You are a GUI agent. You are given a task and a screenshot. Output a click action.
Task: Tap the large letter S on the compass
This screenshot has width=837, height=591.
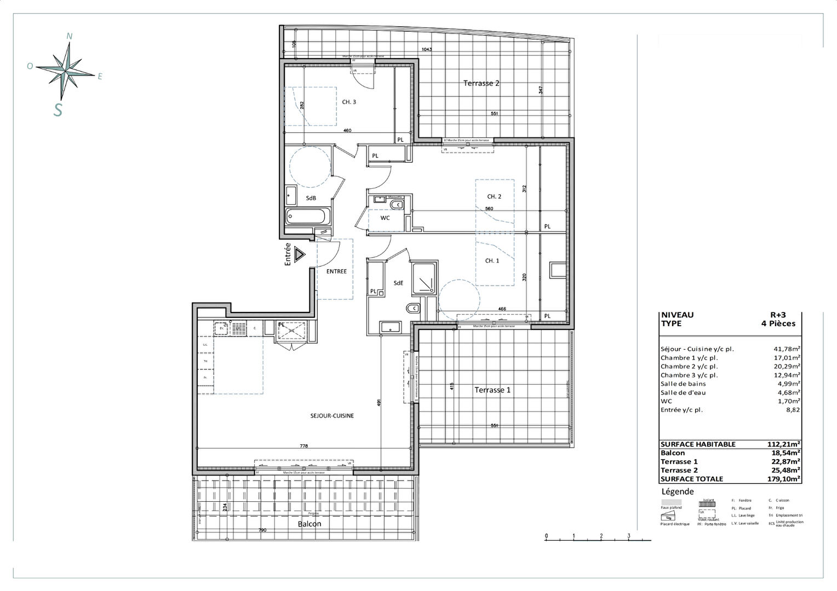(58, 109)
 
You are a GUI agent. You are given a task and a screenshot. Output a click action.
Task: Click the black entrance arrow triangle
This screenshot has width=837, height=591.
(299, 255)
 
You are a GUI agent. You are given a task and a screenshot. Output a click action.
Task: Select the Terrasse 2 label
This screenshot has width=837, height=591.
(481, 84)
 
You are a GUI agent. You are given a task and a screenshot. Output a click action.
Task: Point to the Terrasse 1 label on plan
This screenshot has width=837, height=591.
(492, 390)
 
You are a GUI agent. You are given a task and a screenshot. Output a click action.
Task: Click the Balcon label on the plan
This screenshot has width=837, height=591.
(309, 524)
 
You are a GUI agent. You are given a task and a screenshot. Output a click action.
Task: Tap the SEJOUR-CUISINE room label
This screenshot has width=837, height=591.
(332, 416)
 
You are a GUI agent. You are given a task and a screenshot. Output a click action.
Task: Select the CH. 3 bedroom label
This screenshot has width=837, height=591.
(349, 102)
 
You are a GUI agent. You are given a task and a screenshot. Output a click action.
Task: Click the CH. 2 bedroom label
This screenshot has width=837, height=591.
(494, 196)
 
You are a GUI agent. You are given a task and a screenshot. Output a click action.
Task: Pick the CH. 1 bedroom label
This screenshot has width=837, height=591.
(492, 261)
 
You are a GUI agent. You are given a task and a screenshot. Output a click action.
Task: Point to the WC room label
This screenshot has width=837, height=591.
(385, 218)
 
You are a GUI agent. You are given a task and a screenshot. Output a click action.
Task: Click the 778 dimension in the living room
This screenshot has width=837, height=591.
(304, 446)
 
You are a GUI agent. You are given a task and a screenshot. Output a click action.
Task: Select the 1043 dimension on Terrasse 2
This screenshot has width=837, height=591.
(427, 50)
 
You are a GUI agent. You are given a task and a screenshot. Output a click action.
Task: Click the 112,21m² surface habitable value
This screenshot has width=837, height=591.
(784, 444)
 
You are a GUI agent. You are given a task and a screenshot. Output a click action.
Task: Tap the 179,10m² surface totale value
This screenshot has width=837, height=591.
(784, 479)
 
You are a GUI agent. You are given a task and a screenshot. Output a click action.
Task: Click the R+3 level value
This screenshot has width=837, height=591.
(778, 315)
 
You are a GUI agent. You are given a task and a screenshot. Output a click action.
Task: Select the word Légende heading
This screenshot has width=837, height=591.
(678, 491)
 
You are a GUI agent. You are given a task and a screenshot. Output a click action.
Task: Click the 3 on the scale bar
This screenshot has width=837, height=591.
(629, 536)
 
